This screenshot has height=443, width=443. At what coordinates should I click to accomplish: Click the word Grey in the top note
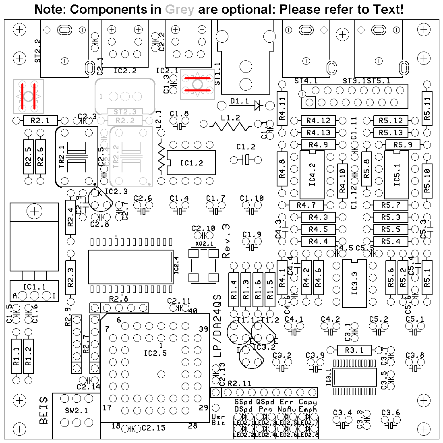pos(180,9)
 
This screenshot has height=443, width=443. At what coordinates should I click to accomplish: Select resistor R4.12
pos(318,120)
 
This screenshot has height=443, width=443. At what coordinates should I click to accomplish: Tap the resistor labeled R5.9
pos(403,145)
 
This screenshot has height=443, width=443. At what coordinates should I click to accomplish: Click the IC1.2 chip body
pos(192,163)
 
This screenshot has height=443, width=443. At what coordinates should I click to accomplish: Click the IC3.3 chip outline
pos(354,284)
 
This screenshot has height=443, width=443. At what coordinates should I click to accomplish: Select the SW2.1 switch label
pos(76,411)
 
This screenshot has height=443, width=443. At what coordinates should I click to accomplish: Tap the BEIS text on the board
pos(44,410)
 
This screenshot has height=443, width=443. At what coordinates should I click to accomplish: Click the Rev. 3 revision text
pos(226,241)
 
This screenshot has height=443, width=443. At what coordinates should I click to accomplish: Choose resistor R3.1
pos(355,350)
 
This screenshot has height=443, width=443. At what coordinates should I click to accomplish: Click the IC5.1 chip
pos(397,174)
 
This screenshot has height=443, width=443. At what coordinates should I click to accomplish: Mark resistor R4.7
pos(306,205)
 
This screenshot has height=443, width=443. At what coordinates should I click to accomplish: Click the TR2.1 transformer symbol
pos(77,157)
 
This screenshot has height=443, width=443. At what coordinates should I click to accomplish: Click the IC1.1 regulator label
pos(34,287)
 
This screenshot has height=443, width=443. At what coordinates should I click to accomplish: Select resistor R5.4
pos(391,242)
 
